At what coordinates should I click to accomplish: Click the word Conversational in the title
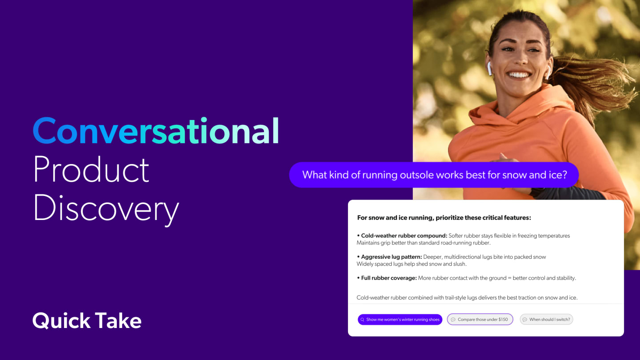point(156,131)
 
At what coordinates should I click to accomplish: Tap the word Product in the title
point(91,170)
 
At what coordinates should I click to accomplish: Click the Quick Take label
point(87,320)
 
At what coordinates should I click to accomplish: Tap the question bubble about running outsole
point(434,175)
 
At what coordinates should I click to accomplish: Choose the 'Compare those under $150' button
point(480,320)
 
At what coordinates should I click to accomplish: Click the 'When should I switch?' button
point(546,320)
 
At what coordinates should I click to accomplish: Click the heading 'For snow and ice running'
point(444,218)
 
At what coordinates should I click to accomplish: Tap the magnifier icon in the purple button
point(363,320)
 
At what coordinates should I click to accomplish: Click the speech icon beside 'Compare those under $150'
point(453,320)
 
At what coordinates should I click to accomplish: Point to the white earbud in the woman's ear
point(489,68)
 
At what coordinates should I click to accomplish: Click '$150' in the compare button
point(503,320)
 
